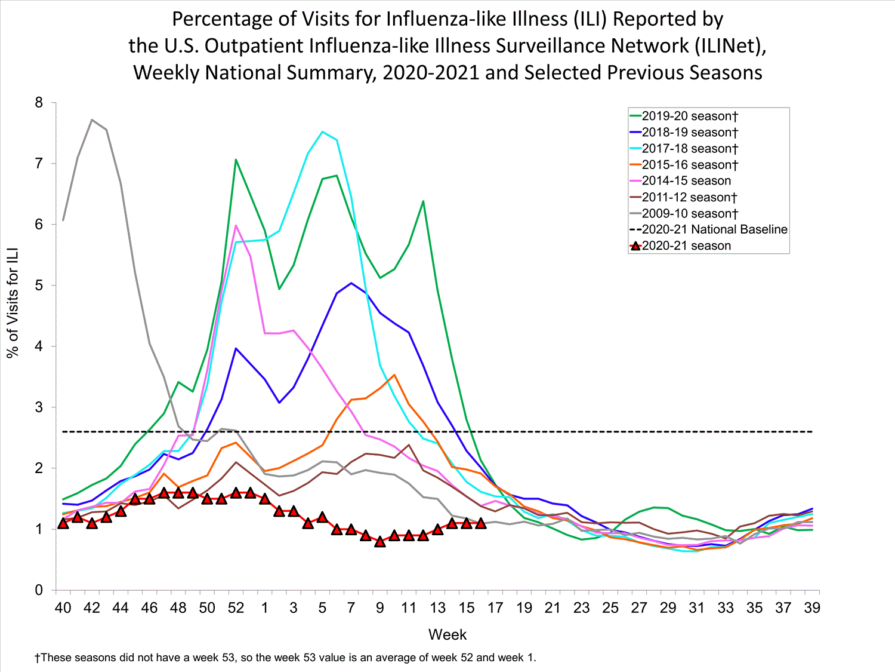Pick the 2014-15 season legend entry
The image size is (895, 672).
click(686, 181)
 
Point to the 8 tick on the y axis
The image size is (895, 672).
click(39, 103)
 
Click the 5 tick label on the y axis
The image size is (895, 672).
click(39, 286)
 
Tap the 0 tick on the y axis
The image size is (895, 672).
click(39, 590)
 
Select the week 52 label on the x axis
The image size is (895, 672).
click(236, 608)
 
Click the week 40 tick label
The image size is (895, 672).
click(63, 608)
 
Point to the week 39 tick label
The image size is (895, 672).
click(811, 608)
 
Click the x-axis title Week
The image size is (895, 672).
click(447, 634)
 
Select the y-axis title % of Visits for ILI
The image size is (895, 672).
click(13, 302)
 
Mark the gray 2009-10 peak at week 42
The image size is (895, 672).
click(92, 119)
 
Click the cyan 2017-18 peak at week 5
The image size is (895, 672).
click(322, 131)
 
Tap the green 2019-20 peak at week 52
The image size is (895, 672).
click(236, 159)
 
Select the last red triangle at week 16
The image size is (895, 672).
click(481, 523)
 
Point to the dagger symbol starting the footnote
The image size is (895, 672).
click(37, 658)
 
